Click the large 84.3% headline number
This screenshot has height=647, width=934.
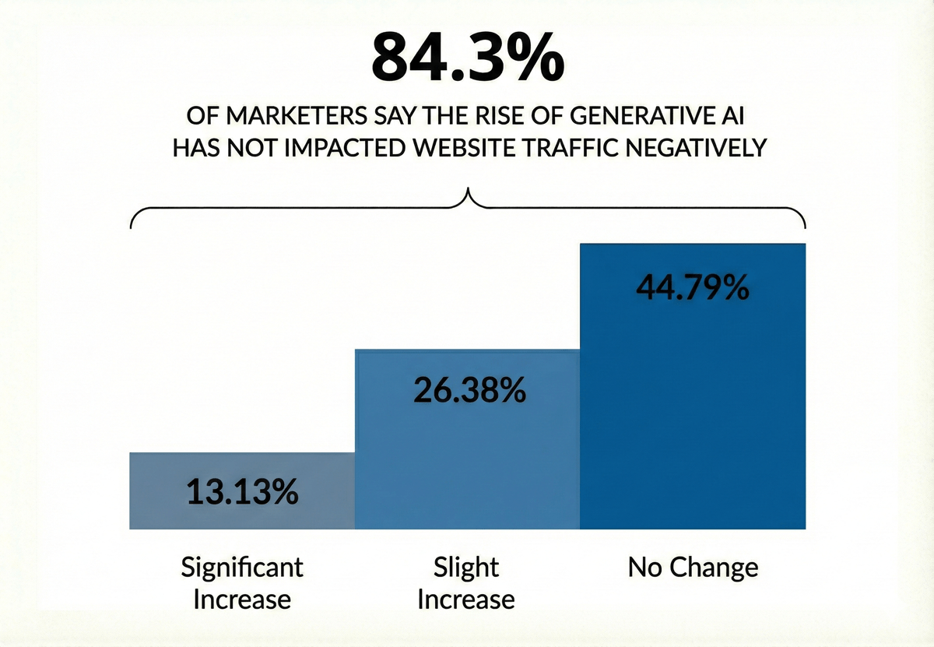[x=467, y=57]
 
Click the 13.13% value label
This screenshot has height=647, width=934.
[x=241, y=492]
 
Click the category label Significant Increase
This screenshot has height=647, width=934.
[x=241, y=582]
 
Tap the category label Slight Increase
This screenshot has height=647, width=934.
[x=466, y=582]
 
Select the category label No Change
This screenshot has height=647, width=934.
[x=693, y=568]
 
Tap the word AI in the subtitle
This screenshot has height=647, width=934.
[x=733, y=118]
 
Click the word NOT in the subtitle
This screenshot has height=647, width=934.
[x=259, y=147]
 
